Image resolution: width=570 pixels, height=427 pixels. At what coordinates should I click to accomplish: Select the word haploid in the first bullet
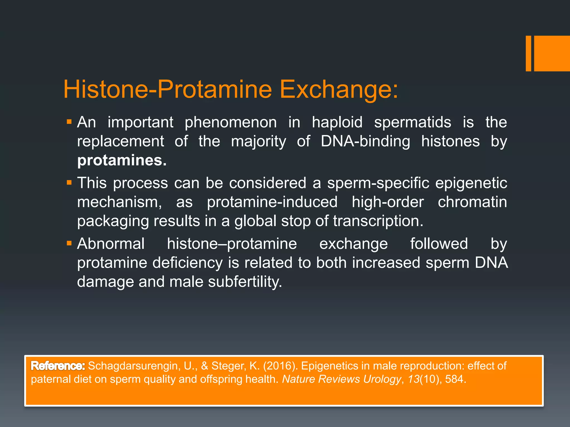(x=337, y=122)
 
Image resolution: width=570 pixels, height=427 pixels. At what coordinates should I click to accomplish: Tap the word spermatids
(x=412, y=122)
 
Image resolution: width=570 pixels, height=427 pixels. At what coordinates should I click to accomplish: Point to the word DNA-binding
(x=365, y=141)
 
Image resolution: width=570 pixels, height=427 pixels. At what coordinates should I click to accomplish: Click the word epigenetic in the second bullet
(x=471, y=183)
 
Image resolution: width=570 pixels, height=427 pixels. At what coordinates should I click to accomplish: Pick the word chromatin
(x=472, y=202)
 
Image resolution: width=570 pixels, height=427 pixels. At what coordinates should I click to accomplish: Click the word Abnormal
(x=111, y=244)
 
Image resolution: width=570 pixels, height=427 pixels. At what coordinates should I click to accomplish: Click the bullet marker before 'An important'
(x=69, y=122)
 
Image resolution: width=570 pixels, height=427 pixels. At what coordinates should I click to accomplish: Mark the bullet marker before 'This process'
(x=69, y=183)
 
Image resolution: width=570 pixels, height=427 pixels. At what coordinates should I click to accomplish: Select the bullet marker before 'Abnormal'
(x=69, y=244)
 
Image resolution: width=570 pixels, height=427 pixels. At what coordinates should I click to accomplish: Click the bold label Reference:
(x=58, y=366)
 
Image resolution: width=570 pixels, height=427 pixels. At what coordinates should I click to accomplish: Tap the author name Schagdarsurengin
(x=134, y=366)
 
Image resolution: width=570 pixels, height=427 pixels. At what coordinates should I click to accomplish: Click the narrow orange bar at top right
(x=528, y=53)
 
